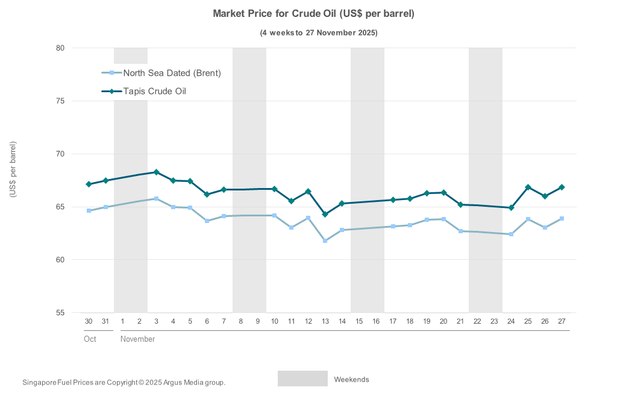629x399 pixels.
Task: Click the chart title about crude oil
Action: [x=314, y=13]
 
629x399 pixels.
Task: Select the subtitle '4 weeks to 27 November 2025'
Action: [x=319, y=33]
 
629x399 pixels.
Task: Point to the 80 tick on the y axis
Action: [x=60, y=48]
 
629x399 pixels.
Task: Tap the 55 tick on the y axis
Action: [x=60, y=313]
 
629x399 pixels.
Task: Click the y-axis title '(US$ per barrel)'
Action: [x=13, y=169]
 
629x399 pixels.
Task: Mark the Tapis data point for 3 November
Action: [x=156, y=172]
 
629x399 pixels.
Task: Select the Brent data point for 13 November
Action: [x=325, y=240]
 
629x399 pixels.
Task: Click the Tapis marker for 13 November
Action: [x=325, y=215]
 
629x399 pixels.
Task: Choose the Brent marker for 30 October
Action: [x=89, y=211]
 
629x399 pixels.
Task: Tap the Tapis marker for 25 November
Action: [x=528, y=187]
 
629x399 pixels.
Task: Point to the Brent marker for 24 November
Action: [x=511, y=234]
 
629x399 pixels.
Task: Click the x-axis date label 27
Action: [x=562, y=321]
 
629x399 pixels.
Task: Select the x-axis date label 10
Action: [x=274, y=321]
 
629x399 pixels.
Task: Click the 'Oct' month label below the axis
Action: [x=90, y=339]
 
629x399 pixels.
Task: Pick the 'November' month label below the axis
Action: [x=137, y=339]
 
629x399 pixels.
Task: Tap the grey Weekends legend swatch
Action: [x=302, y=379]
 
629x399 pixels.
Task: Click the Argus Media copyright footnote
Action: [x=124, y=382]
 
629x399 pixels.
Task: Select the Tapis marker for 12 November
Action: [x=308, y=192]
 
